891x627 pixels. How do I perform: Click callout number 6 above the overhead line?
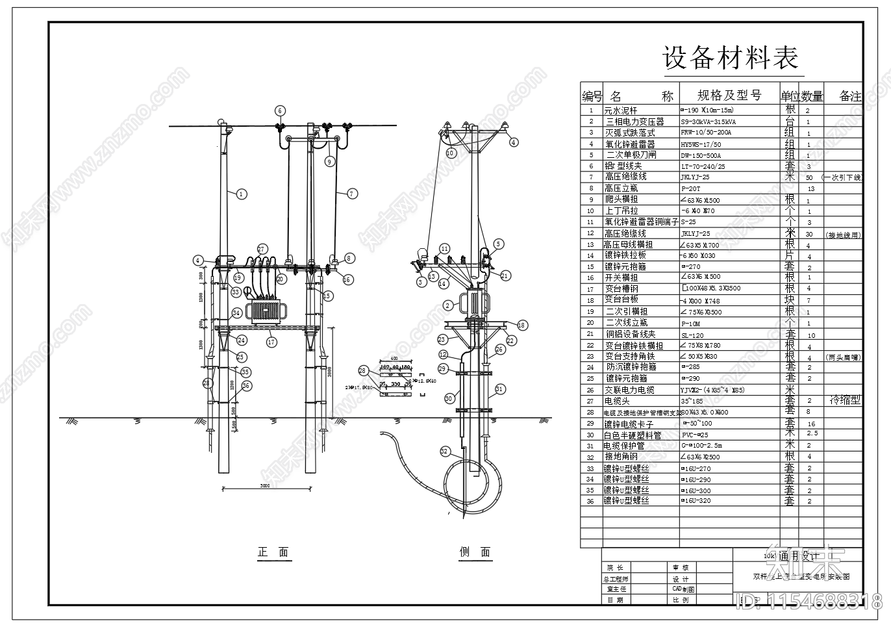point(279,110)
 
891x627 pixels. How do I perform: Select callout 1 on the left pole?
point(241,193)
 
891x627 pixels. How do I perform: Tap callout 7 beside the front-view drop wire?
point(352,193)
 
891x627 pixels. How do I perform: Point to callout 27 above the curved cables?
point(262,249)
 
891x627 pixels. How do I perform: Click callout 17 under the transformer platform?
point(271,342)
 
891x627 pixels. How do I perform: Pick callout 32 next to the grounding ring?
point(445,451)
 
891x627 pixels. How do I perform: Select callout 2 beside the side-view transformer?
point(448,305)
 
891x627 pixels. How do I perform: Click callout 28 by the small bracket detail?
point(363,371)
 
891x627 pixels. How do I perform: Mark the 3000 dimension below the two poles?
point(265,485)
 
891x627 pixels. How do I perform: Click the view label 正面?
point(273,552)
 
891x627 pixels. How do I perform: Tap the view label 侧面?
point(475,552)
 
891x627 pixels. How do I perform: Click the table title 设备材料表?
point(731,58)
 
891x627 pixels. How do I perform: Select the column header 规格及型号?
point(729,96)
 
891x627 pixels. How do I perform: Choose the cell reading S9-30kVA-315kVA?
point(709,122)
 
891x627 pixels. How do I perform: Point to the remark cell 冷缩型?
point(845,400)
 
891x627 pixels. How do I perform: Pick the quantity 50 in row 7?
point(809,177)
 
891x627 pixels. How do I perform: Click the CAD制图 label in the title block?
point(683,589)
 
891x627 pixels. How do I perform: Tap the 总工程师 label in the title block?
point(616,579)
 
